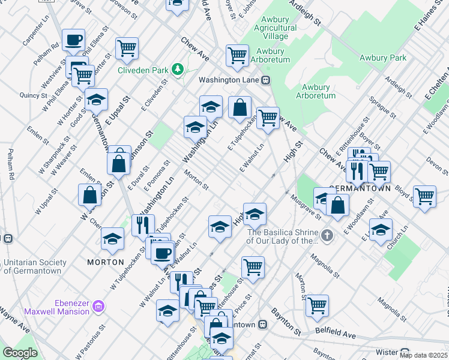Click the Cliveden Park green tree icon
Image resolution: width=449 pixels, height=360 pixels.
click(178, 70)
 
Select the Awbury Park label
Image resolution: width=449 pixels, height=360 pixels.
click(383, 58)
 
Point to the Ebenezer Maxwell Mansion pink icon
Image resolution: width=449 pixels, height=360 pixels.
click(99, 307)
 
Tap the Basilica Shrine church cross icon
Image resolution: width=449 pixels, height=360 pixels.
click(327, 236)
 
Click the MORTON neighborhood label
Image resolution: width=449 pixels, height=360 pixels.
click(105, 262)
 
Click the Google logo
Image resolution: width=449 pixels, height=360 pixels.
click(20, 353)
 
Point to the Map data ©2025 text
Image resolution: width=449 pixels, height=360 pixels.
click(424, 355)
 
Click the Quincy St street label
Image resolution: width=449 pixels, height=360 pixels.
click(29, 95)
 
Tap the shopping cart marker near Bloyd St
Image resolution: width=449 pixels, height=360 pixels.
click(425, 196)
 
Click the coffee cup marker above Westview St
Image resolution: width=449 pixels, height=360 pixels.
click(73, 40)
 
